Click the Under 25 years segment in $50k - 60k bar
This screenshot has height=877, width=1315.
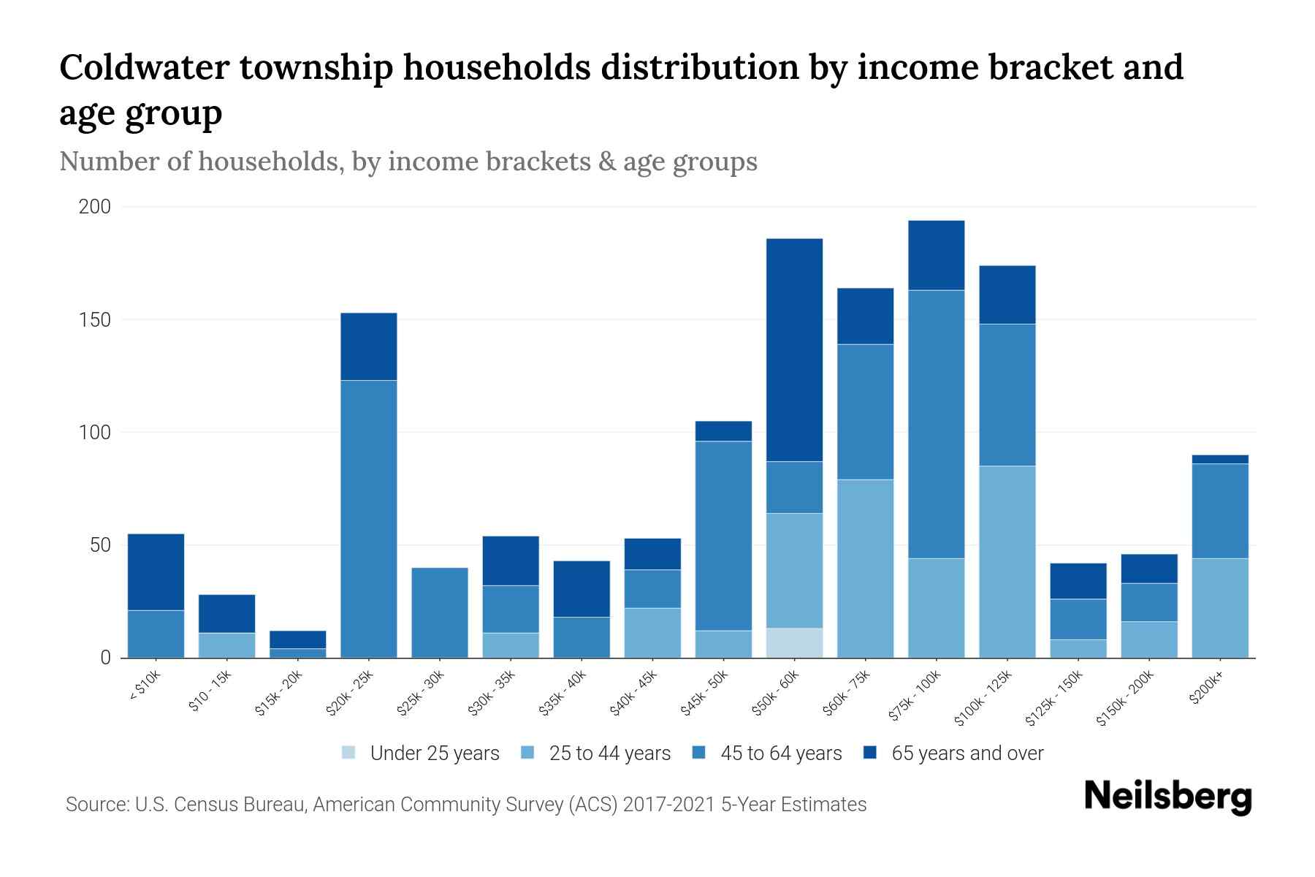tap(794, 642)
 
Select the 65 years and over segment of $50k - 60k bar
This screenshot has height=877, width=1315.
tap(794, 349)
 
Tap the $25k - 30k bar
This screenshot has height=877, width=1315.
tap(440, 612)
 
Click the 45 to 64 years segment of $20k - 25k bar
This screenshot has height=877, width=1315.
tap(369, 519)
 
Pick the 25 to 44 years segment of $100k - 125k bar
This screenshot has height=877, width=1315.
tap(1007, 561)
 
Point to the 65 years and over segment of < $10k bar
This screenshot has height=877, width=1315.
tap(156, 572)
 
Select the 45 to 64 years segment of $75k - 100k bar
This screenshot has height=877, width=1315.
tap(936, 424)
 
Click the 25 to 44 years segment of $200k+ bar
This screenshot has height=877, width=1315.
tap(1219, 608)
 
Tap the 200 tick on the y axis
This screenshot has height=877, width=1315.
tap(95, 207)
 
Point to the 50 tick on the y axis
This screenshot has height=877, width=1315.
tap(99, 545)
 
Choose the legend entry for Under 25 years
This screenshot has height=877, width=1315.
tap(434, 753)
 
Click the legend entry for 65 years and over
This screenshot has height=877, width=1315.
tap(967, 753)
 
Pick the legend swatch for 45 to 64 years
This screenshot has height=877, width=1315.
tap(699, 753)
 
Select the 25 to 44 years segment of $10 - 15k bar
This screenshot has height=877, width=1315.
tap(227, 645)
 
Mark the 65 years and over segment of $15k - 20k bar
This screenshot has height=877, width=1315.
tap(298, 639)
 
